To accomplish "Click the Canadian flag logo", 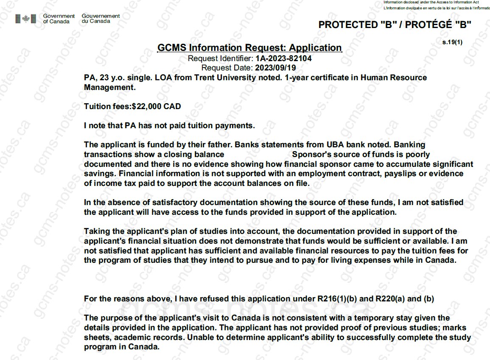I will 26,19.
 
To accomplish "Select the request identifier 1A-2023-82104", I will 284,59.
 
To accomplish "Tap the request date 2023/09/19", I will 275,68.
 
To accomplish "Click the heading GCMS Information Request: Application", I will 249,48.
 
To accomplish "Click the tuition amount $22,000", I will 147,107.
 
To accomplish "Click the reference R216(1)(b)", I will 338,299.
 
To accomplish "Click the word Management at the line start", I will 109,87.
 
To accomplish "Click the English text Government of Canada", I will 59,19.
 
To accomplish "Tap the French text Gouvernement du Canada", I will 101,19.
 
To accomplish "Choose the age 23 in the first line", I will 103,78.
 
